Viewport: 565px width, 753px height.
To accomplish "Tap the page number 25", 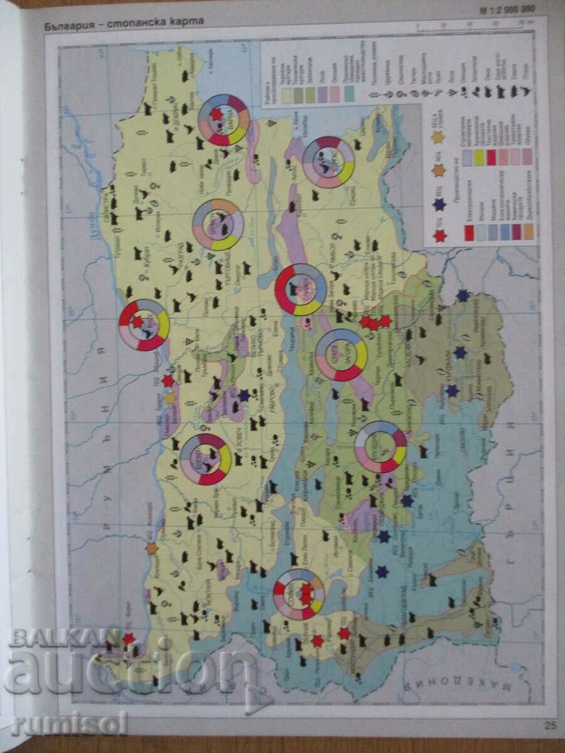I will coord(550,726).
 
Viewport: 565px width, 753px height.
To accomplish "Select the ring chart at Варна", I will coord(223,119).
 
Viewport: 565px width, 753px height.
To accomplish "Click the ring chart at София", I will coord(299,594).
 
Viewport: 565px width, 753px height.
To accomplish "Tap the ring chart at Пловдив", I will coord(380,447).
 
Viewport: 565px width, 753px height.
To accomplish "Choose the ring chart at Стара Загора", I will coord(341,355).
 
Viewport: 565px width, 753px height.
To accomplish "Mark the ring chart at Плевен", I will coord(205,459).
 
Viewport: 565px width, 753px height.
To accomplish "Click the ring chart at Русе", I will coord(144,324).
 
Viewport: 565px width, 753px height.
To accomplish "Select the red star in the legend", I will coord(440,236).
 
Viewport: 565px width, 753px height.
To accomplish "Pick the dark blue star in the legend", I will coord(439,204).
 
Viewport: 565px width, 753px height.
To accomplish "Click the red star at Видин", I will coord(129,639).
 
